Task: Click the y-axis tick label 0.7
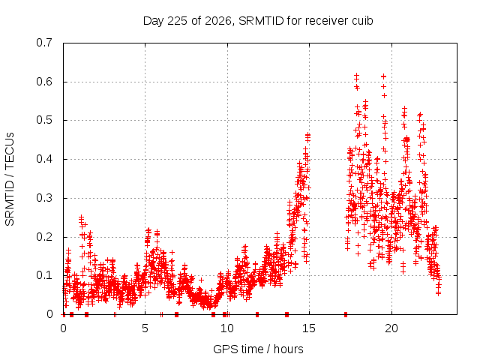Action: coord(44,43)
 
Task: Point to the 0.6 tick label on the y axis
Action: coord(44,82)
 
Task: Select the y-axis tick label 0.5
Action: coord(44,120)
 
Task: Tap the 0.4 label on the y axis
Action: coord(44,159)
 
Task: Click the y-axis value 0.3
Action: coord(44,198)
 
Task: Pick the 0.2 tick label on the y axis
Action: coord(44,237)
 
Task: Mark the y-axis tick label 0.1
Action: coord(44,275)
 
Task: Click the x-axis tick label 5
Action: coord(145,328)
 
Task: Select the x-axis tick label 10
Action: coord(227,328)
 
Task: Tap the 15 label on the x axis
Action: coord(309,328)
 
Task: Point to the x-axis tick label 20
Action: coord(391,328)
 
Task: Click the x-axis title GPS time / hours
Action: coord(258,349)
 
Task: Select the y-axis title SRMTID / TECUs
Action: coord(10,179)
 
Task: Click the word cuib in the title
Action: coord(362,21)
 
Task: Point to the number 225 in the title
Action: coord(178,21)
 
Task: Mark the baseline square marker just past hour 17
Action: coord(346,314)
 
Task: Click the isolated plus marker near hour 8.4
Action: coord(201,280)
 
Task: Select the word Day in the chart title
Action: coord(154,21)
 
